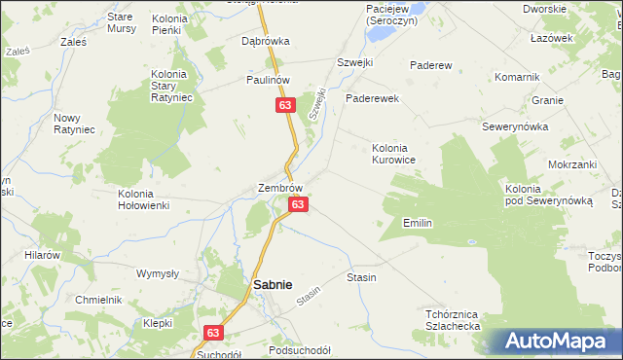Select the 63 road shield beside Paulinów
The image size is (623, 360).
[x=284, y=105]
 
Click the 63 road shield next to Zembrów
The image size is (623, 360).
[x=299, y=204]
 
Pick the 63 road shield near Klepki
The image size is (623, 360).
[x=213, y=333]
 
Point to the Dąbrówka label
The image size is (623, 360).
[x=266, y=42]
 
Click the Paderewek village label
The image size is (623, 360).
[x=373, y=98]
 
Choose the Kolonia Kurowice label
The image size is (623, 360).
[x=395, y=154]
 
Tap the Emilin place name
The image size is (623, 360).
[x=417, y=223]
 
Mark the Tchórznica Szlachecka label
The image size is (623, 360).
[x=454, y=321]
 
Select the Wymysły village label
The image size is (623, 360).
[x=157, y=273]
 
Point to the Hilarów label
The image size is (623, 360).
[x=43, y=254]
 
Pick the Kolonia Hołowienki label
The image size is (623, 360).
[x=143, y=199]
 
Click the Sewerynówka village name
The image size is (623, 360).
[x=516, y=127]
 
